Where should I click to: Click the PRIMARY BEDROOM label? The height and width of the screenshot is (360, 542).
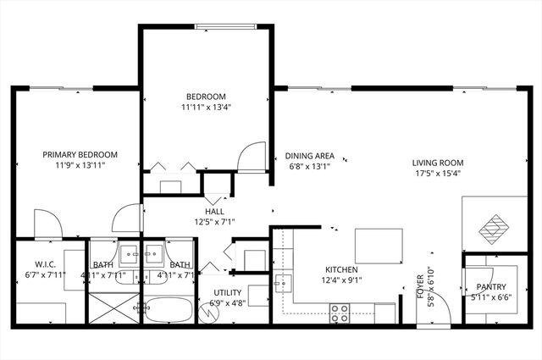(x=80, y=154)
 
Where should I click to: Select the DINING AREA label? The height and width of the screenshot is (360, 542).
(x=309, y=156)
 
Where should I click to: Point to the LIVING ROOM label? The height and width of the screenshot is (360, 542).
(x=438, y=163)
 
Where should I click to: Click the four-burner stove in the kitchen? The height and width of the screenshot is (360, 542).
(x=340, y=312)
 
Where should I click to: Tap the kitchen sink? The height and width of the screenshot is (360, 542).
(x=283, y=282)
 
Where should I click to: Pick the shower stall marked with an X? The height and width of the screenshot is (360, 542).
(x=113, y=308)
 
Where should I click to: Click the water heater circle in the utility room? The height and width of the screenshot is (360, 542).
(x=212, y=311)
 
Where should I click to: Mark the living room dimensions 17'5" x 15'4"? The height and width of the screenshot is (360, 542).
(x=438, y=174)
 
